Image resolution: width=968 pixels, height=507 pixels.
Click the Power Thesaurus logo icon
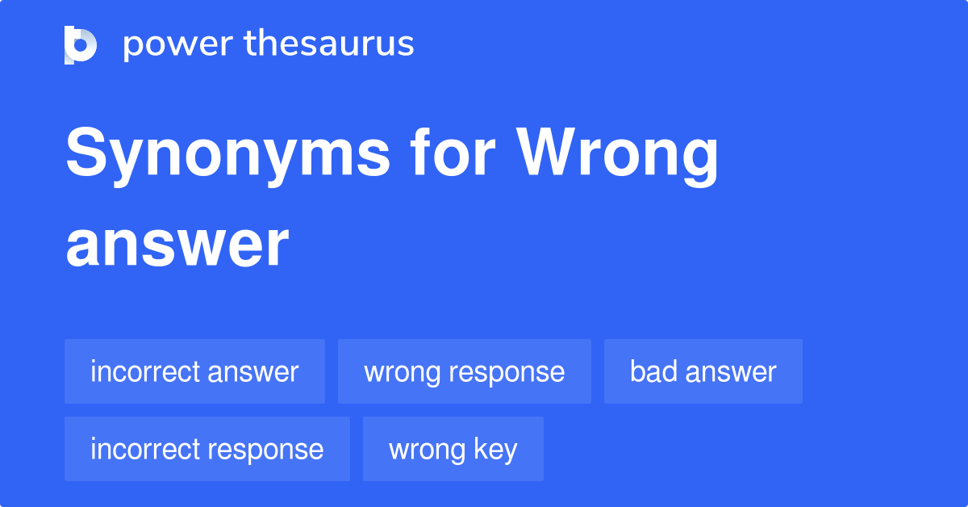[x=81, y=44]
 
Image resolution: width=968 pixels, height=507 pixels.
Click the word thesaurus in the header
[x=329, y=44]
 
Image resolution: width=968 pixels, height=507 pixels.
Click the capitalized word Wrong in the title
[x=618, y=155]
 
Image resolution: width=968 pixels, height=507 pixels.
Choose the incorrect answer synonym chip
[x=194, y=371]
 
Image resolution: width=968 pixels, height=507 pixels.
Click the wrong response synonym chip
[x=464, y=371]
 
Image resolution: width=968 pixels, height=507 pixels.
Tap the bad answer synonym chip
[x=703, y=371]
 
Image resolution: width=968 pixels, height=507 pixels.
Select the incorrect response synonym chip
[x=207, y=449]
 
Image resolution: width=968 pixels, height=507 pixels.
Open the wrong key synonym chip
[x=453, y=449]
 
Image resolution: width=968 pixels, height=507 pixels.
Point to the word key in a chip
[x=496, y=450]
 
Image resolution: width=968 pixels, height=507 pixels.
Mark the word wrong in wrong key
[x=425, y=450]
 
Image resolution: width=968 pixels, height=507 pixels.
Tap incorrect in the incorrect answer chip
[x=145, y=371]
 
